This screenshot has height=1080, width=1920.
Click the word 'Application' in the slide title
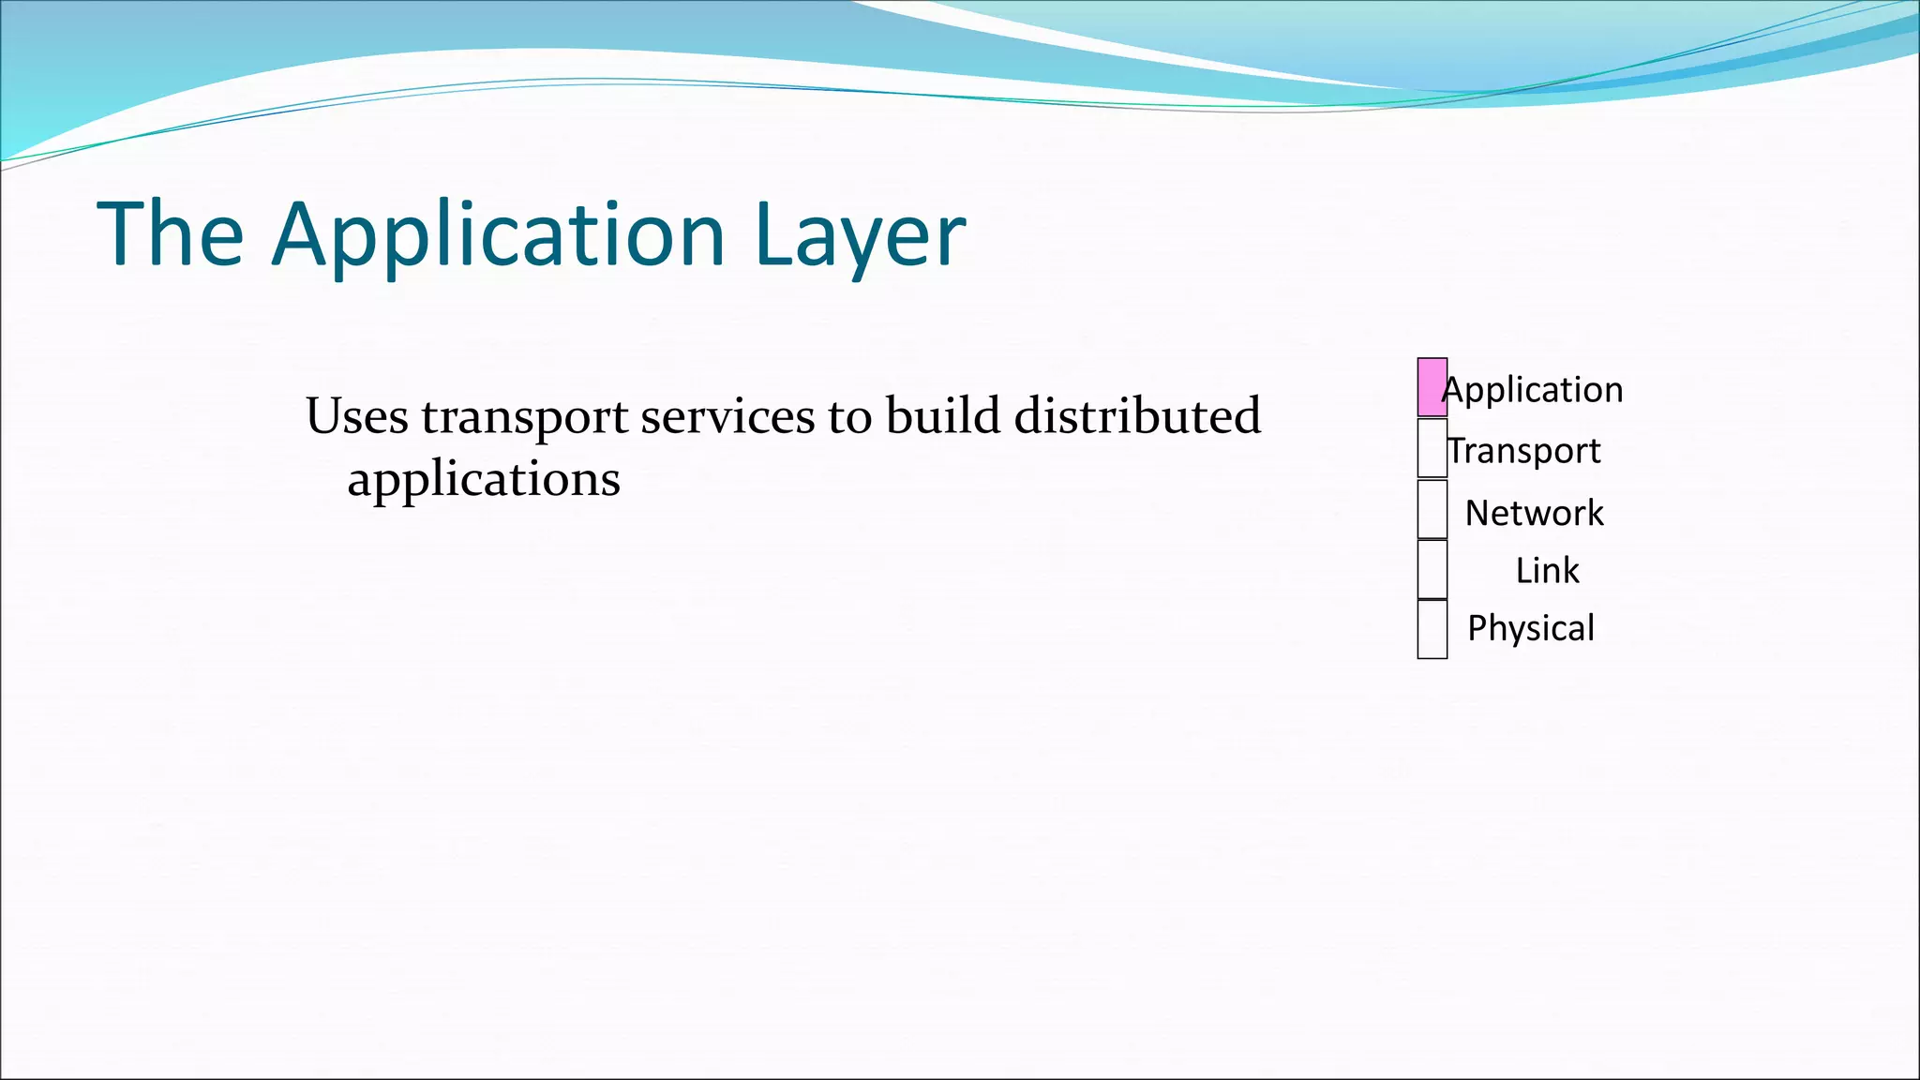[x=499, y=235]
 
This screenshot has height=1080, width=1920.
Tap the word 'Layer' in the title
[x=859, y=235]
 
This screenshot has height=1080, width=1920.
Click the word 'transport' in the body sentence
[x=524, y=417]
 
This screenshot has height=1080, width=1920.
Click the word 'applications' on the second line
[x=484, y=480]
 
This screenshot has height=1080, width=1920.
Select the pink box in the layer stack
[x=1432, y=387]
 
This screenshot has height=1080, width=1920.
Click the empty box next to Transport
[x=1432, y=448]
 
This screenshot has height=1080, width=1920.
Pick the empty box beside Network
[x=1432, y=509]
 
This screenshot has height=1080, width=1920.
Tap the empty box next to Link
[x=1432, y=569]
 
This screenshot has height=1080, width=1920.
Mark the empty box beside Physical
[x=1432, y=629]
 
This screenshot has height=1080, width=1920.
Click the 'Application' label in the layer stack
[x=1534, y=390]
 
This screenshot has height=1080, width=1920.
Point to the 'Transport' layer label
[x=1524, y=451]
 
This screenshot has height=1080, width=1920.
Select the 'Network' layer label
[x=1534, y=513]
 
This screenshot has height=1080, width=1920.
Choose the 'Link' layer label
[x=1547, y=570]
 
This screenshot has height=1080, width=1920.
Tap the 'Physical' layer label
[x=1531, y=628]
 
